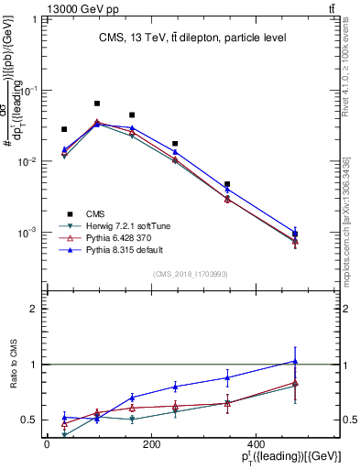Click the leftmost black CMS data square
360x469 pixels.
pyautogui.click(x=64, y=129)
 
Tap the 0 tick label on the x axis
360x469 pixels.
pyautogui.click(x=47, y=444)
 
